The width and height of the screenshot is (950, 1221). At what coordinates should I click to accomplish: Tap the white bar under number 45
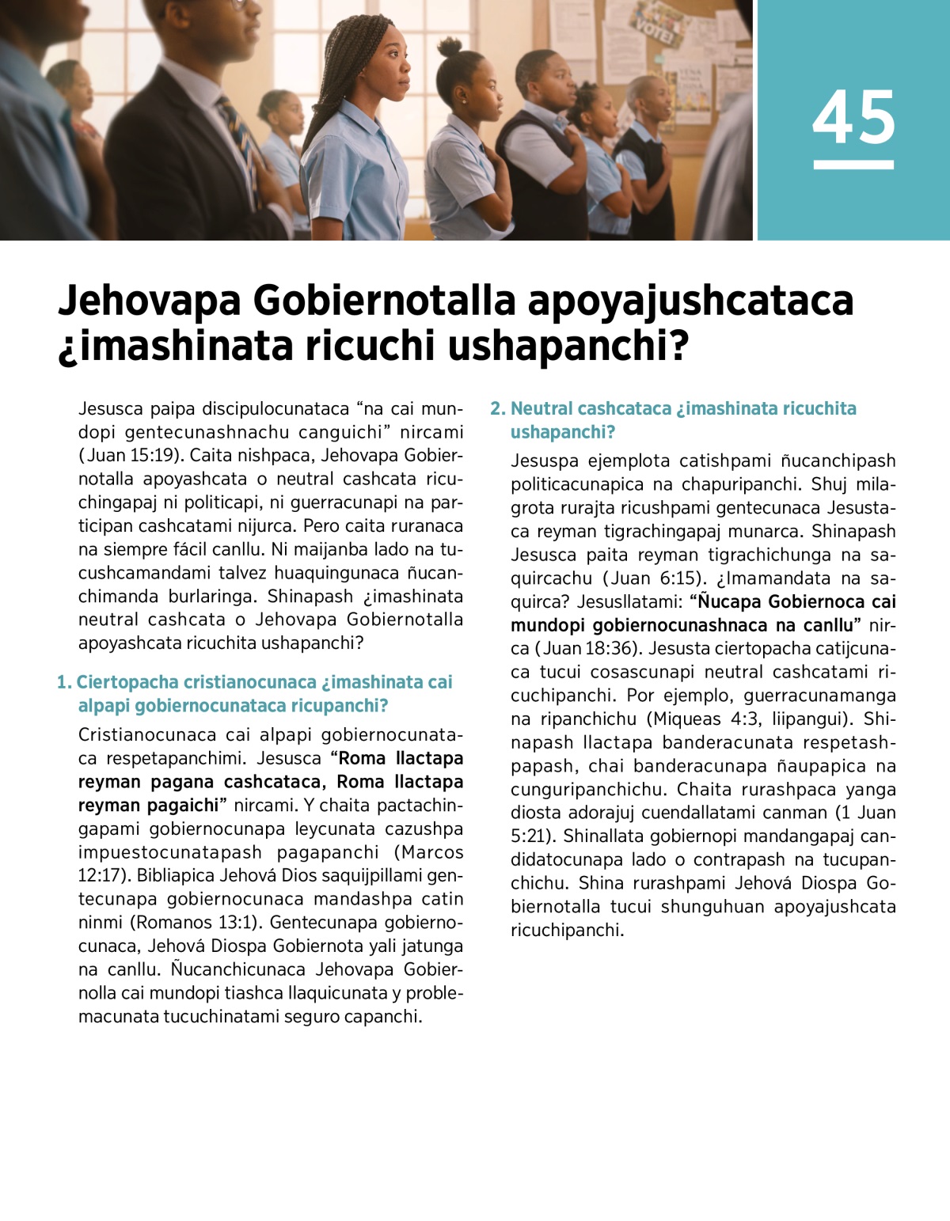coord(853,165)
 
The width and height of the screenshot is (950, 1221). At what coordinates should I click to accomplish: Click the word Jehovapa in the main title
coord(150,301)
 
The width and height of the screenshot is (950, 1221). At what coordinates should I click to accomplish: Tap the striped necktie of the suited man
coord(241,138)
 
